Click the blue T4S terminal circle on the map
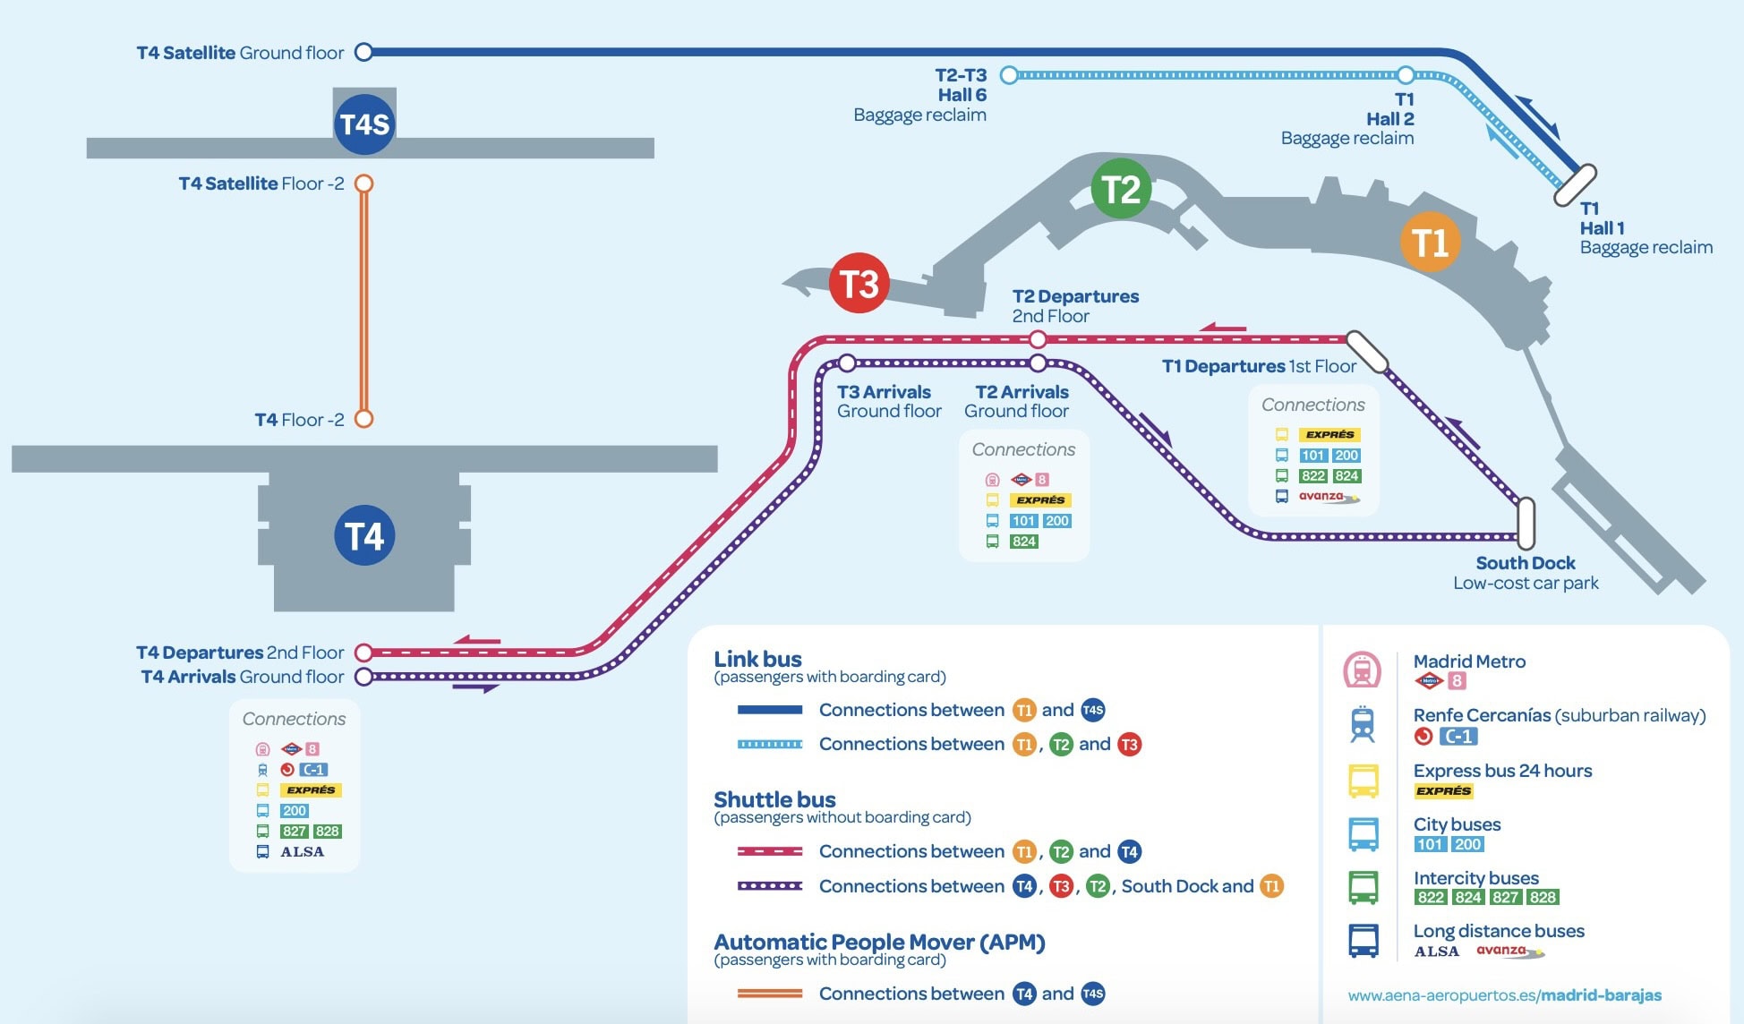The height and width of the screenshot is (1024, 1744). coord(364,124)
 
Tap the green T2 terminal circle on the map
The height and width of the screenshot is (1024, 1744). coord(1121,189)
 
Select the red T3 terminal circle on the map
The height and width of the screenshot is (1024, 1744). coord(859,284)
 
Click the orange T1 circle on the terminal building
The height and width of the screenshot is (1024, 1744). coord(1430,242)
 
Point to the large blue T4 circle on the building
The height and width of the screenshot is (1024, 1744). coord(364,535)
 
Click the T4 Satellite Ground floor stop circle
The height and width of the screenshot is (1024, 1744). coord(363,52)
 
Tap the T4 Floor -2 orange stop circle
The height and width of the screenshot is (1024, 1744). coord(363,419)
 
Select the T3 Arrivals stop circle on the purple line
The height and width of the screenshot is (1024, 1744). coord(847,363)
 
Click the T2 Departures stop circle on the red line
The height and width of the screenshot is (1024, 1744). coord(1038,339)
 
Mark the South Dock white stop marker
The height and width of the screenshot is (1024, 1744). coord(1526,524)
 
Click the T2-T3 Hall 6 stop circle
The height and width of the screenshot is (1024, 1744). coord(1009,75)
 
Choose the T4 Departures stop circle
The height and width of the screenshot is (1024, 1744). coord(363,653)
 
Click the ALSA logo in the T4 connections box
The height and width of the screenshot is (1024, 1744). coord(303,852)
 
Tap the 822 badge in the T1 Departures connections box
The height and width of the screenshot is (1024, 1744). coord(1313,476)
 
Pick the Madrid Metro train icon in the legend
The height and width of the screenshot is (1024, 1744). coord(1363,670)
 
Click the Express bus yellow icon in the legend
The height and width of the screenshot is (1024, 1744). coord(1364,781)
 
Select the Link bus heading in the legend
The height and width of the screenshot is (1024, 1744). coord(757,659)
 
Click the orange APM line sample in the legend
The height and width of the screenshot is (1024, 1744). coord(770,994)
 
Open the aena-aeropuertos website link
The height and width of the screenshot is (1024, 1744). coord(1504,995)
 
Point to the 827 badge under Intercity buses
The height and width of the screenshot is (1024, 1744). coord(1505,898)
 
